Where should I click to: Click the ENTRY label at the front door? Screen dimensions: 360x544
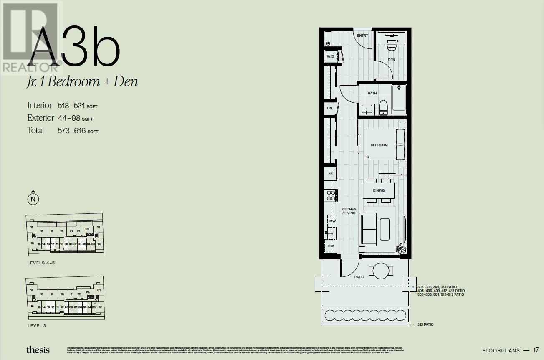coord(362,35)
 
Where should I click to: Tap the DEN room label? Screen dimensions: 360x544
coord(391,60)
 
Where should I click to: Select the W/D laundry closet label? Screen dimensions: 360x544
coord(330,56)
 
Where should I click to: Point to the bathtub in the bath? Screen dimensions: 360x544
coord(399,99)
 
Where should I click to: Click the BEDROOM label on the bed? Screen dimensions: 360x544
coord(379,145)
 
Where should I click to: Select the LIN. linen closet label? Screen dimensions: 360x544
coord(330,108)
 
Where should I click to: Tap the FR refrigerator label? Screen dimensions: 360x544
coord(330,173)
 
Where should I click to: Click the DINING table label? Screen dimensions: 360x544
coord(379,190)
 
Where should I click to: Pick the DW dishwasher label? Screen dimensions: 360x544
coord(331,246)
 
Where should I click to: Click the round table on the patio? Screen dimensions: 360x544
coord(381,271)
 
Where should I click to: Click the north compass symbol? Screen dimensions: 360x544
coord(33,199)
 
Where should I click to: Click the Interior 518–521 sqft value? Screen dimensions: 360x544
coord(77,106)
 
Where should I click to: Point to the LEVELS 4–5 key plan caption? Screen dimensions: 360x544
coord(41,263)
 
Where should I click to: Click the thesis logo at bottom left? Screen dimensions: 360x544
coord(38,350)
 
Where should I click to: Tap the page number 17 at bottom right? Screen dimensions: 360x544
coord(536,350)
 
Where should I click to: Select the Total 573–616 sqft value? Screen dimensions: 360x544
coord(78,131)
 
